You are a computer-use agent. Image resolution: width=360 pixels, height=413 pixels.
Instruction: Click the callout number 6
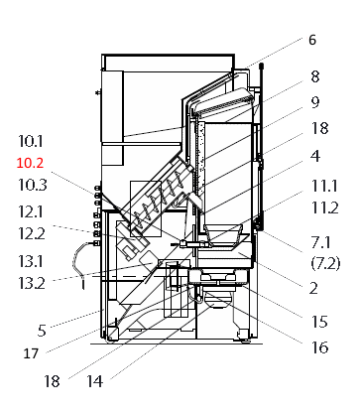click(311, 41)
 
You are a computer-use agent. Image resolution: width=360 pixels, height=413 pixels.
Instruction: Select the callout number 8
click(314, 75)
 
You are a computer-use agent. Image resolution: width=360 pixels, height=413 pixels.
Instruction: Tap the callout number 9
click(314, 101)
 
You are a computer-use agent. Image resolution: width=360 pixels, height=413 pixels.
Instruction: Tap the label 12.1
click(34, 211)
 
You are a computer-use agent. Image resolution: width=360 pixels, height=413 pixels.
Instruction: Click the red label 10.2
click(33, 161)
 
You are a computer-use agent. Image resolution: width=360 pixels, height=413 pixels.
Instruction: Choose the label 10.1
click(33, 141)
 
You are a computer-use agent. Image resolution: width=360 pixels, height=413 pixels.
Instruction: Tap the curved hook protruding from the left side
click(77, 262)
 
